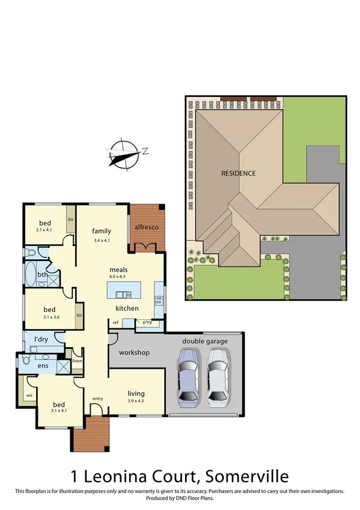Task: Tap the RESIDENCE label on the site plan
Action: (238, 173)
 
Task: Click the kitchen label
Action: (127, 309)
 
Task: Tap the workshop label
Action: (134, 352)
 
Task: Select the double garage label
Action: (206, 341)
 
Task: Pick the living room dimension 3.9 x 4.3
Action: (136, 401)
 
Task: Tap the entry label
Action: (97, 399)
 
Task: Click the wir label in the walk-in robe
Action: (29, 395)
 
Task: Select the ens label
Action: (43, 365)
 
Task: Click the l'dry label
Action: (41, 340)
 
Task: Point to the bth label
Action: (42, 275)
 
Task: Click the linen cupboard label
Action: (76, 361)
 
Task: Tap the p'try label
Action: (147, 322)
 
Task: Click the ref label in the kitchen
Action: (115, 322)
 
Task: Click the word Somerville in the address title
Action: (246, 477)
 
